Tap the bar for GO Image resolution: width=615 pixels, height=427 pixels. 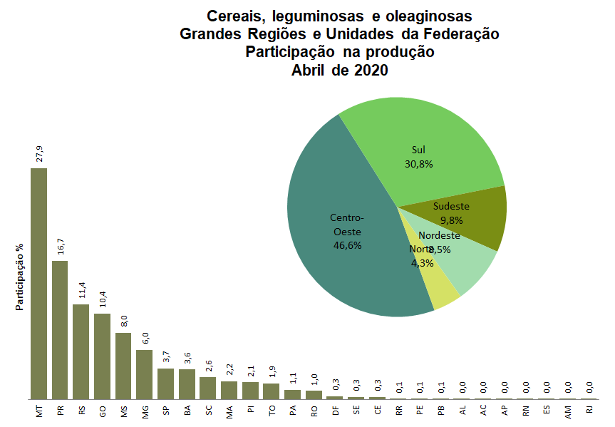102,356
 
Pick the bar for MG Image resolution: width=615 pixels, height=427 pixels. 145,374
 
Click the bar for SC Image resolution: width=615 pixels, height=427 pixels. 208,388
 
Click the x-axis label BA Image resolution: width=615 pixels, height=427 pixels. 187,411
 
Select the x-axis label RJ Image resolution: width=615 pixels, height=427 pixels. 589,411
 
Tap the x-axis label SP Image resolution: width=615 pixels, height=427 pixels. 166,411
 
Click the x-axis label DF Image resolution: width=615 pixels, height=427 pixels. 335,411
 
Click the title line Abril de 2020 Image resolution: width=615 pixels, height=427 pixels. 339,70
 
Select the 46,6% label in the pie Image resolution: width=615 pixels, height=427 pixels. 347,245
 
